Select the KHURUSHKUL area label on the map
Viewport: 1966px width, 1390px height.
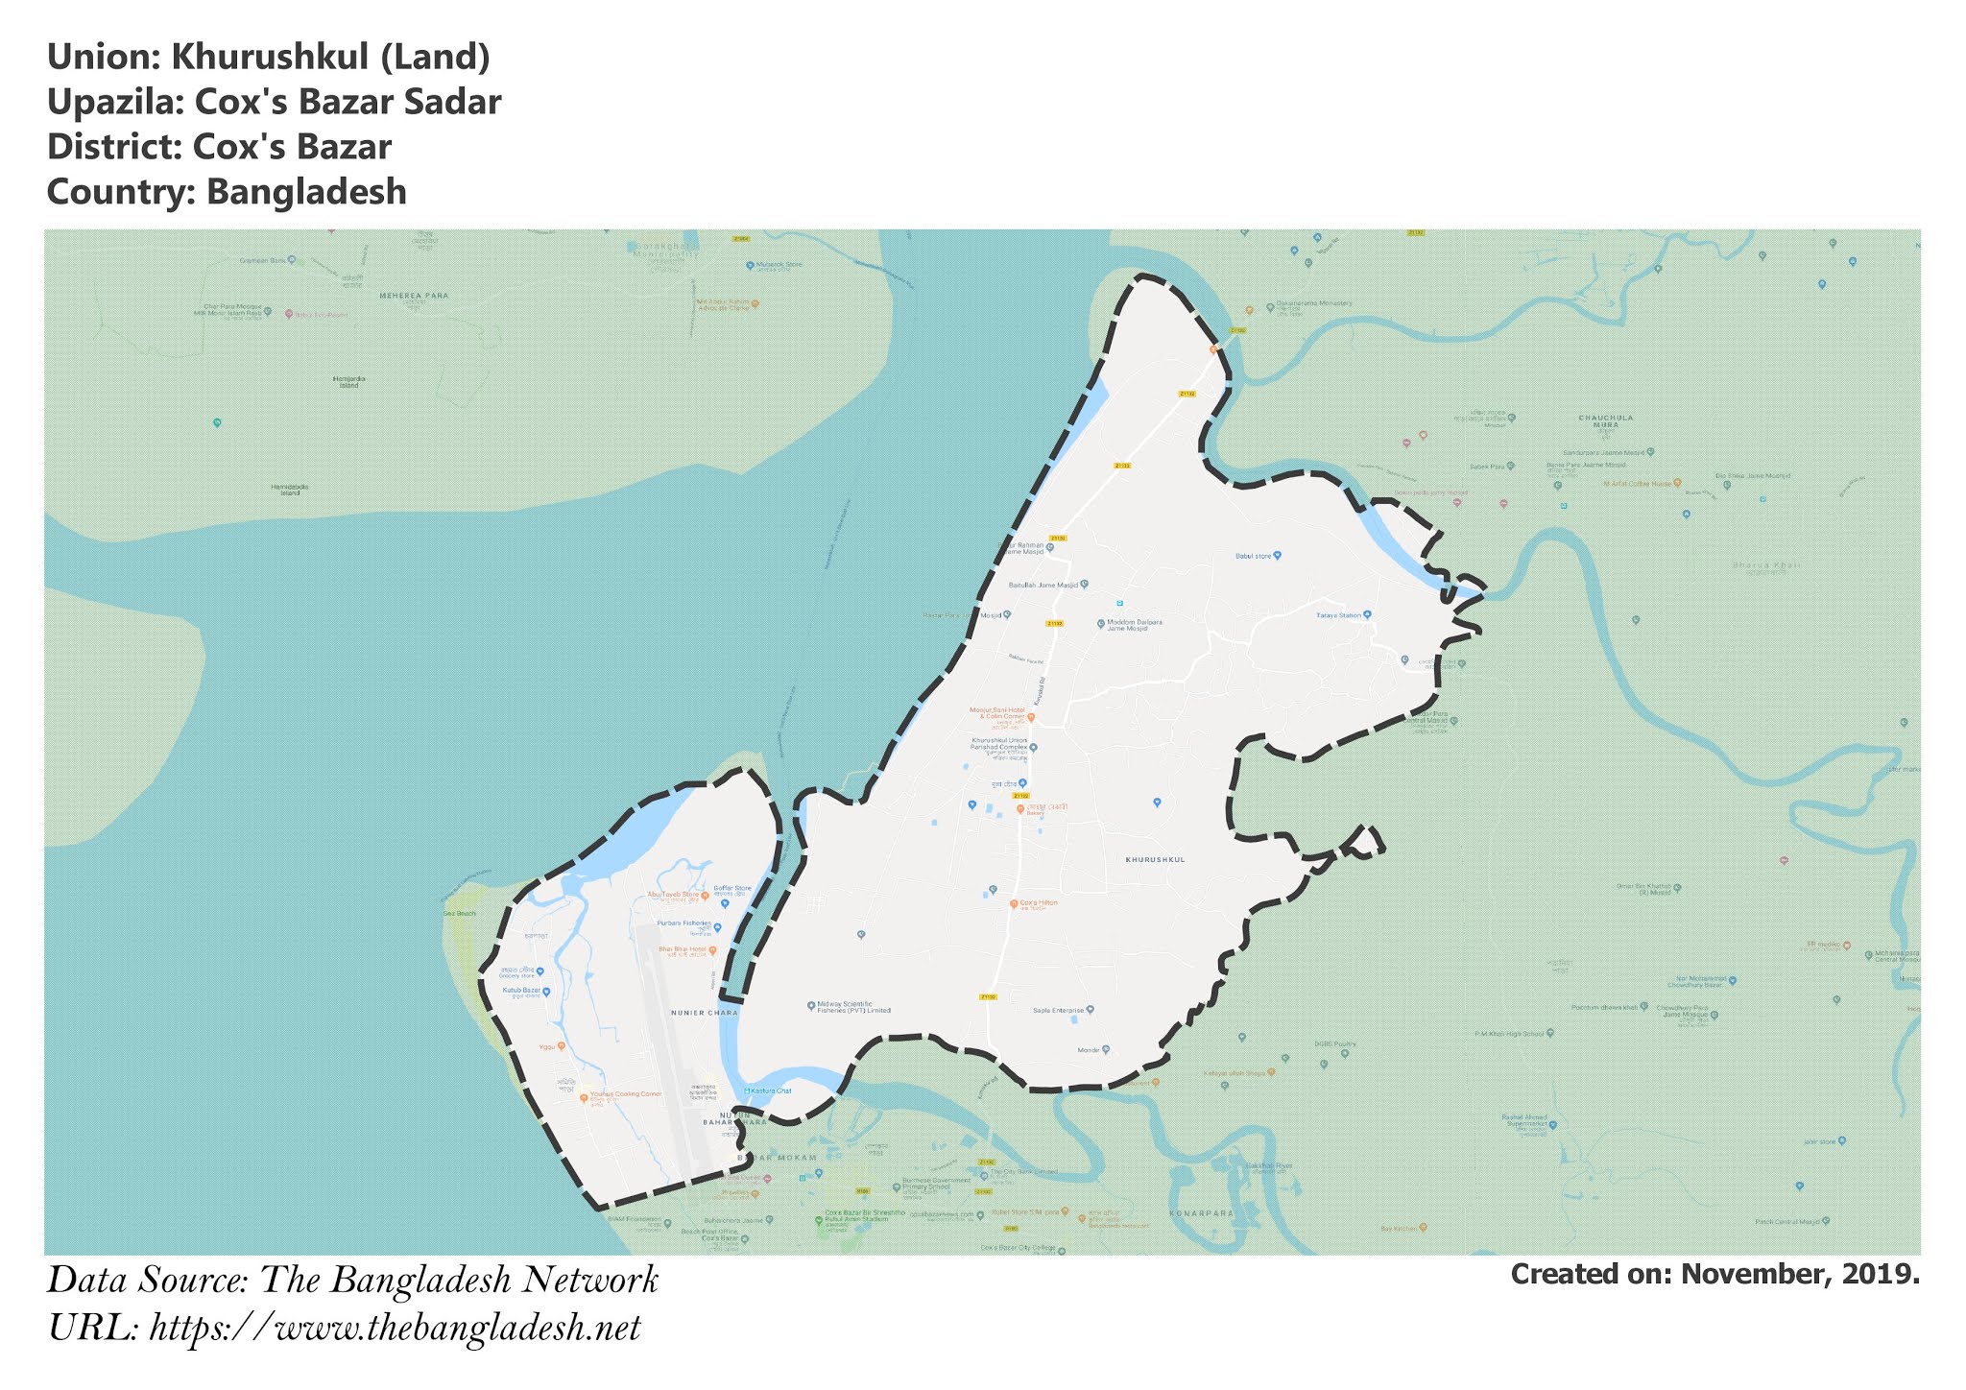1155,859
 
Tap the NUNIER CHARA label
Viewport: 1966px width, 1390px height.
705,1013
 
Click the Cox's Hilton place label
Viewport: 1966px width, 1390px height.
1038,903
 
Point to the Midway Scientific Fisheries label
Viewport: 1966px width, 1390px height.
853,1007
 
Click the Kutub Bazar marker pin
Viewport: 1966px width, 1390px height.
546,991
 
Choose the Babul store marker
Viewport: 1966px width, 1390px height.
1277,556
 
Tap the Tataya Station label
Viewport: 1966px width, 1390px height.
1338,615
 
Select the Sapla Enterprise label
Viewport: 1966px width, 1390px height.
1058,1010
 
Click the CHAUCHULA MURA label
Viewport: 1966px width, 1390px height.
1605,420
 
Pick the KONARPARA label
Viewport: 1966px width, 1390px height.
1201,1213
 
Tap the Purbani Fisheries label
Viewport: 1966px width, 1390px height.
683,923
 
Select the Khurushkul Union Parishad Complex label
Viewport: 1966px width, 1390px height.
999,743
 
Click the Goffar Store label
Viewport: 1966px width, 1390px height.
731,889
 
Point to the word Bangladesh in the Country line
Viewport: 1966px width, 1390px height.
306,192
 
